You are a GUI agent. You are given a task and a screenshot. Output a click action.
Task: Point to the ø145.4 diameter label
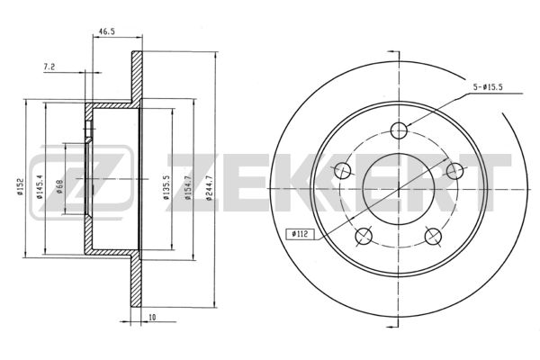click(40, 186)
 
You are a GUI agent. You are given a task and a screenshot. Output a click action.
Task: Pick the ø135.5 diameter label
click(167, 187)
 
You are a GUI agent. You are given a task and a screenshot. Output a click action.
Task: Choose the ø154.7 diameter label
click(188, 187)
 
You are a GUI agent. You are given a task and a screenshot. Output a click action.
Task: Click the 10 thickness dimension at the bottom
click(153, 319)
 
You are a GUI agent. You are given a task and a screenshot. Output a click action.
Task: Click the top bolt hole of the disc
click(399, 128)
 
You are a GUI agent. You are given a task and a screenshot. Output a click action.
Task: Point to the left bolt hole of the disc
click(342, 170)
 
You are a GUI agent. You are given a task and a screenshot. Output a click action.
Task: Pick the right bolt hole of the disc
click(455, 170)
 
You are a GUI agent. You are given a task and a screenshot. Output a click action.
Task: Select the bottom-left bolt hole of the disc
click(364, 236)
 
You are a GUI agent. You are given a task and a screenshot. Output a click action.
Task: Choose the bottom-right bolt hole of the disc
click(434, 236)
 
